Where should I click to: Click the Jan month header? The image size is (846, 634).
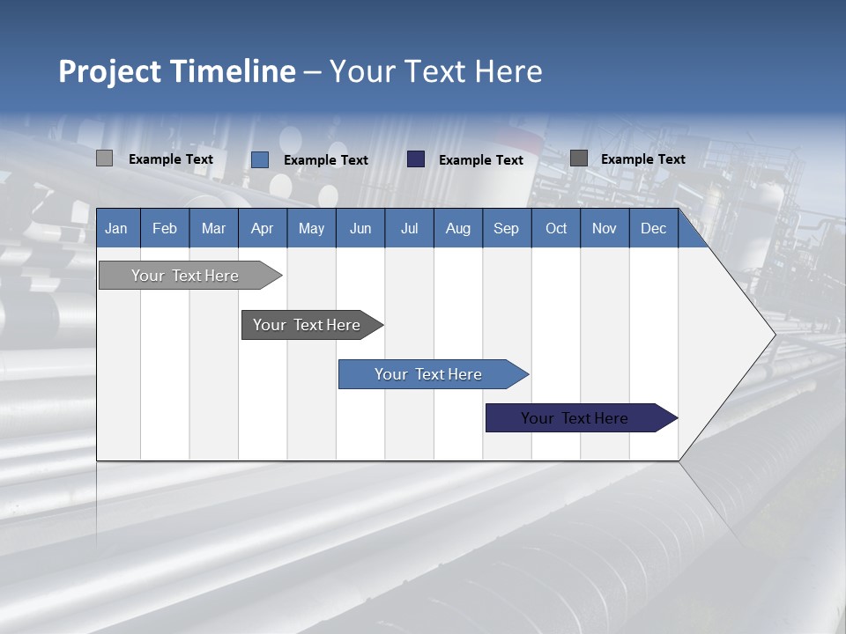coord(116,228)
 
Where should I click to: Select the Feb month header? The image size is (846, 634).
coord(165,228)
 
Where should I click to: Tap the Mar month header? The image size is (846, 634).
coord(213,228)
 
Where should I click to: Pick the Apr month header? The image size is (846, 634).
coord(263,228)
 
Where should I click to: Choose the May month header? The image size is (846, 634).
coord(311,228)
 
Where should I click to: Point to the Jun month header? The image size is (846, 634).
coord(360,228)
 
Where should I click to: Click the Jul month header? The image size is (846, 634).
coord(409,228)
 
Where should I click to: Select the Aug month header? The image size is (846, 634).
coord(458,228)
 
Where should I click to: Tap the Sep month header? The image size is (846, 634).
coord(507,228)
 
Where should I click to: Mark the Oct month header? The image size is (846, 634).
coord(556,228)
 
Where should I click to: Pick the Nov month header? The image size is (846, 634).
coord(605,228)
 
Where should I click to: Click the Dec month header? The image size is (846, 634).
coord(654,228)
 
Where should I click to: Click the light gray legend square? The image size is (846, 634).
coord(105,158)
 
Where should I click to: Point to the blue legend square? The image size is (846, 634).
coord(260,159)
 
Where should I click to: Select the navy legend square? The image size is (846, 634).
coord(416,159)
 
